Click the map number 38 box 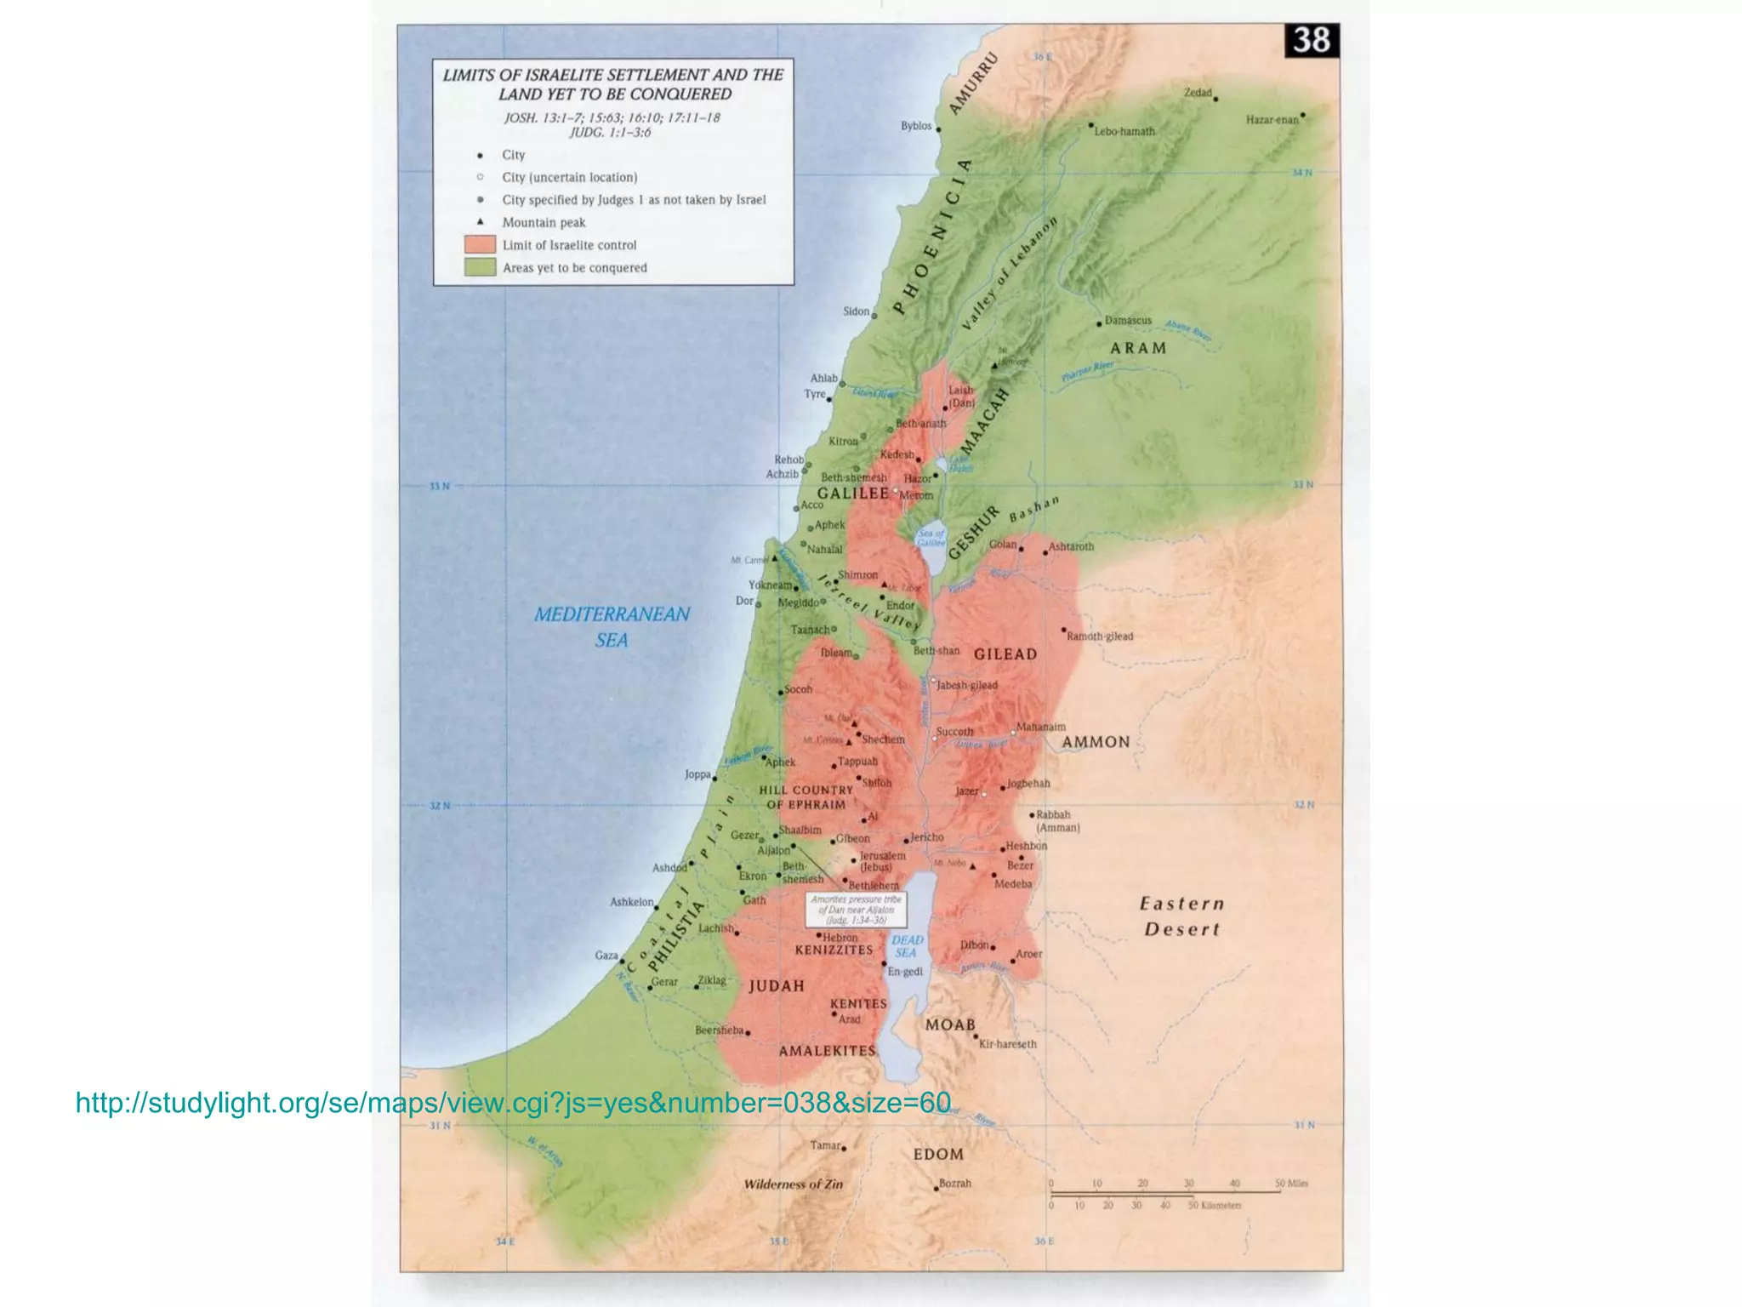click(1311, 40)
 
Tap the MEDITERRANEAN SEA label click(612, 626)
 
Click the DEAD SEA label click(907, 946)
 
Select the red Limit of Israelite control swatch click(480, 245)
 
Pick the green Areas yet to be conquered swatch click(480, 267)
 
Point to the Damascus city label click(1127, 321)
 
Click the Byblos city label click(916, 126)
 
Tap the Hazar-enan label click(1272, 120)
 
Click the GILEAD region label click(1005, 654)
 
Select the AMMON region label click(1096, 742)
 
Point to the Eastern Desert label click(1181, 916)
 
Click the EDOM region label click(938, 1155)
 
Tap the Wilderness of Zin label click(793, 1184)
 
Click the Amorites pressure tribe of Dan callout click(856, 910)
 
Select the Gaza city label click(606, 956)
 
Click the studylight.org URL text click(513, 1103)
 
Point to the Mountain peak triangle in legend click(481, 221)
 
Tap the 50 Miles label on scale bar click(1291, 1184)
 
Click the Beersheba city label click(719, 1030)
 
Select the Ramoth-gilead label click(1100, 636)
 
